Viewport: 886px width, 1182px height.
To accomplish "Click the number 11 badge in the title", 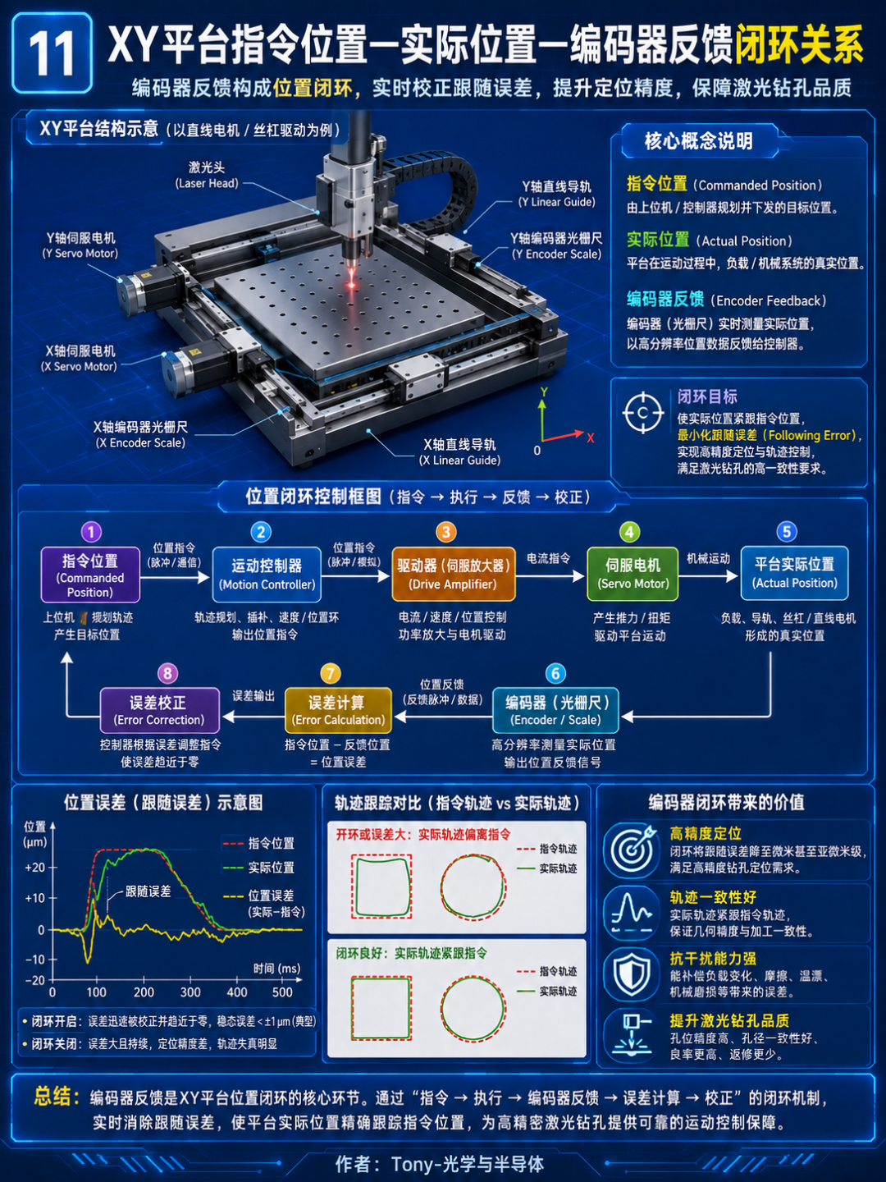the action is tap(53, 53).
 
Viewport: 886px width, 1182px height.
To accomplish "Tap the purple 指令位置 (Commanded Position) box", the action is tap(90, 575).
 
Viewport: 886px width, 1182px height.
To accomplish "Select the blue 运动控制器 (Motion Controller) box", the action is tap(267, 575).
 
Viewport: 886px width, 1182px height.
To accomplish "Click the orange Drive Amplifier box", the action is tap(453, 574).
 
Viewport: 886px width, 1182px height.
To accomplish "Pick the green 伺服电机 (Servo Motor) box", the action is tap(633, 574).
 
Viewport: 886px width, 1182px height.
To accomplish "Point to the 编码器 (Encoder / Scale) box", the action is tap(555, 711).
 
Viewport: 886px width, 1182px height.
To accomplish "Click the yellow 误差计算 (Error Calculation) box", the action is tap(338, 711).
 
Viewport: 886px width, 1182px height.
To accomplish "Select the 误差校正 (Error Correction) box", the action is tap(160, 711).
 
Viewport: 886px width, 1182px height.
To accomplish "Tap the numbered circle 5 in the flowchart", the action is tap(787, 532).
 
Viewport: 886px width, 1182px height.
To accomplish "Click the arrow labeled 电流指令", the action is tap(550, 576).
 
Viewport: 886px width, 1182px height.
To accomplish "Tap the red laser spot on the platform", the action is tap(351, 282).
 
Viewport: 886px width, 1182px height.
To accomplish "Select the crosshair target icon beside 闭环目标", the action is tap(643, 414).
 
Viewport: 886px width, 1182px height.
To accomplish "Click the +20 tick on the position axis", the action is tap(35, 868).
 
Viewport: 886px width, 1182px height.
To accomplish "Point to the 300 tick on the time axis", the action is tap(190, 992).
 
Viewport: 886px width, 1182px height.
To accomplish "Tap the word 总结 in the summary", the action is tap(56, 1097).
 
